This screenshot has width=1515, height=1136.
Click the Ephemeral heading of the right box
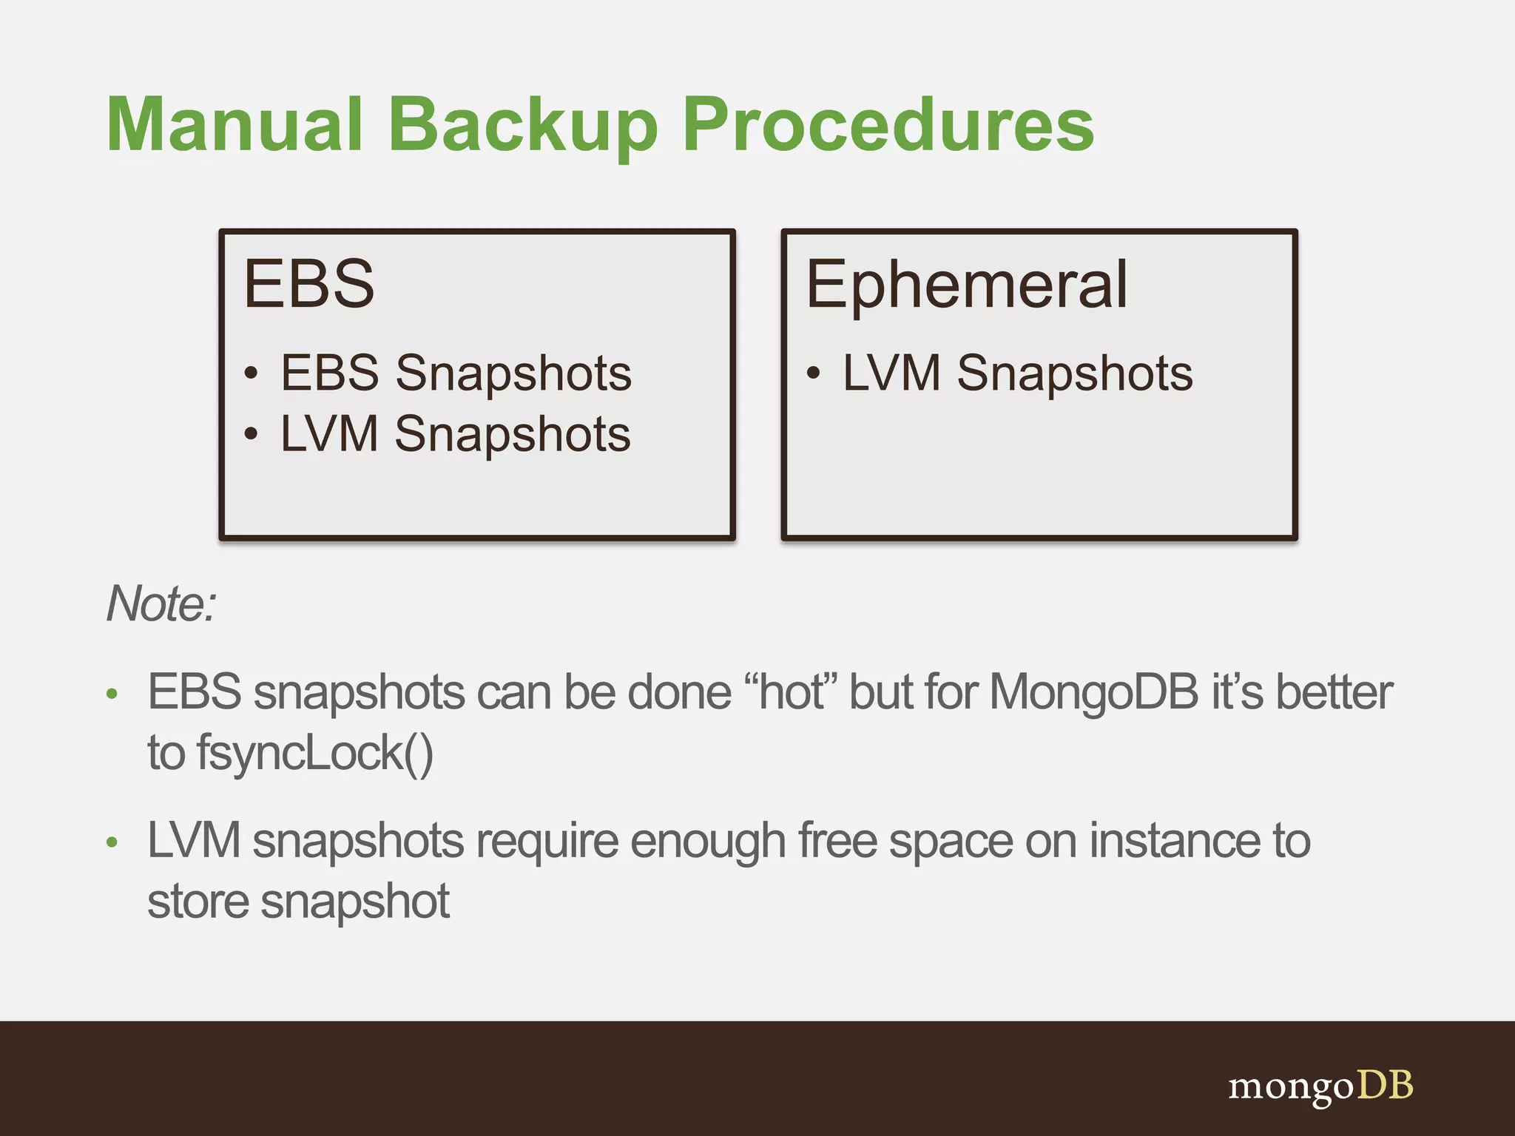[966, 285]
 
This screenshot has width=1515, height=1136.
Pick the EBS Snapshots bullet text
[456, 373]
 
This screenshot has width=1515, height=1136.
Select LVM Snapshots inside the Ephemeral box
[1018, 373]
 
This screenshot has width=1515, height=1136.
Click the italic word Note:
[161, 603]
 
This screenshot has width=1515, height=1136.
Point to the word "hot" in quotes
[793, 692]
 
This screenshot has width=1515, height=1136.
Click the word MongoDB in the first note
[1093, 692]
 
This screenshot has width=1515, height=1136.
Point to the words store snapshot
[298, 902]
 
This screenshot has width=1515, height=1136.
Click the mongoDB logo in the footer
[1320, 1086]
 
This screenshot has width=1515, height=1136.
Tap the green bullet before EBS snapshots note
[112, 694]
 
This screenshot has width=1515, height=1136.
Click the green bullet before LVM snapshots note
[112, 842]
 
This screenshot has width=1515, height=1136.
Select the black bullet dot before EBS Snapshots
[252, 374]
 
